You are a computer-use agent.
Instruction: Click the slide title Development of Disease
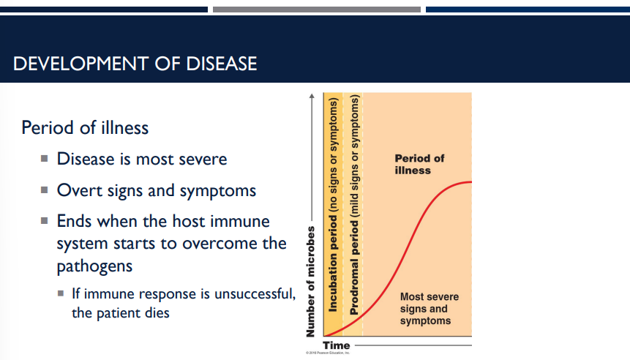pyautogui.click(x=135, y=64)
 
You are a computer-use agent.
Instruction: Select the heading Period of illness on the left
pyautogui.click(x=85, y=128)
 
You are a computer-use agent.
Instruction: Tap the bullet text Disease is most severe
pyautogui.click(x=142, y=159)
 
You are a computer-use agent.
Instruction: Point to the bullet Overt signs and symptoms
pyautogui.click(x=157, y=190)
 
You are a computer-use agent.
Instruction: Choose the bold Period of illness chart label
pyautogui.click(x=419, y=164)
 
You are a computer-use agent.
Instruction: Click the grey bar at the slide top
pyautogui.click(x=316, y=10)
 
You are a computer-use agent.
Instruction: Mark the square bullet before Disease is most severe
pyautogui.click(x=45, y=159)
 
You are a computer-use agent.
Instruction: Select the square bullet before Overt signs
pyautogui.click(x=45, y=190)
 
